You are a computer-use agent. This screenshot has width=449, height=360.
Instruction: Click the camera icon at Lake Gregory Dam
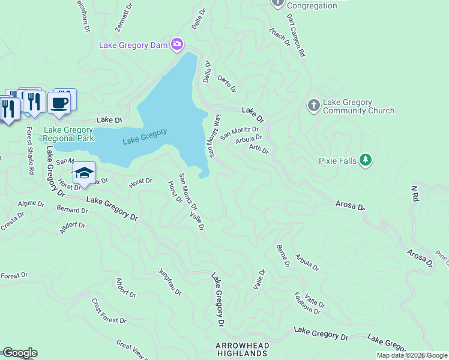pos(176,44)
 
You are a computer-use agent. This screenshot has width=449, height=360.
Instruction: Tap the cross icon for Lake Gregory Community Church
pos(313,106)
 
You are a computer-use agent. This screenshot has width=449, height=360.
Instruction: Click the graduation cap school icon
pos(84,173)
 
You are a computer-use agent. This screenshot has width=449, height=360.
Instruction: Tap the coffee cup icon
pos(59,103)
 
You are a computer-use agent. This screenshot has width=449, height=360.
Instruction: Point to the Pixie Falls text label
pos(337,161)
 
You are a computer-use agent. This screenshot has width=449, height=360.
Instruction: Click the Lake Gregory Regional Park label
pos(68,134)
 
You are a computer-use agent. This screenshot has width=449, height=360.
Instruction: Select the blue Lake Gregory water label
pos(145,137)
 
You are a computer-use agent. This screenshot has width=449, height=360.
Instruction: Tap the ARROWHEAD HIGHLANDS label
pos(241,350)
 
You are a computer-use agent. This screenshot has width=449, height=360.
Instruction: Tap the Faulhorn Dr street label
pos(307,303)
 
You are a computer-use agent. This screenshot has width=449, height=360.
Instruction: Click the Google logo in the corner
pos(20,353)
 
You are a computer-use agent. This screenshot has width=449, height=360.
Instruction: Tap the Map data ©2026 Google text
pos(412,356)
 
